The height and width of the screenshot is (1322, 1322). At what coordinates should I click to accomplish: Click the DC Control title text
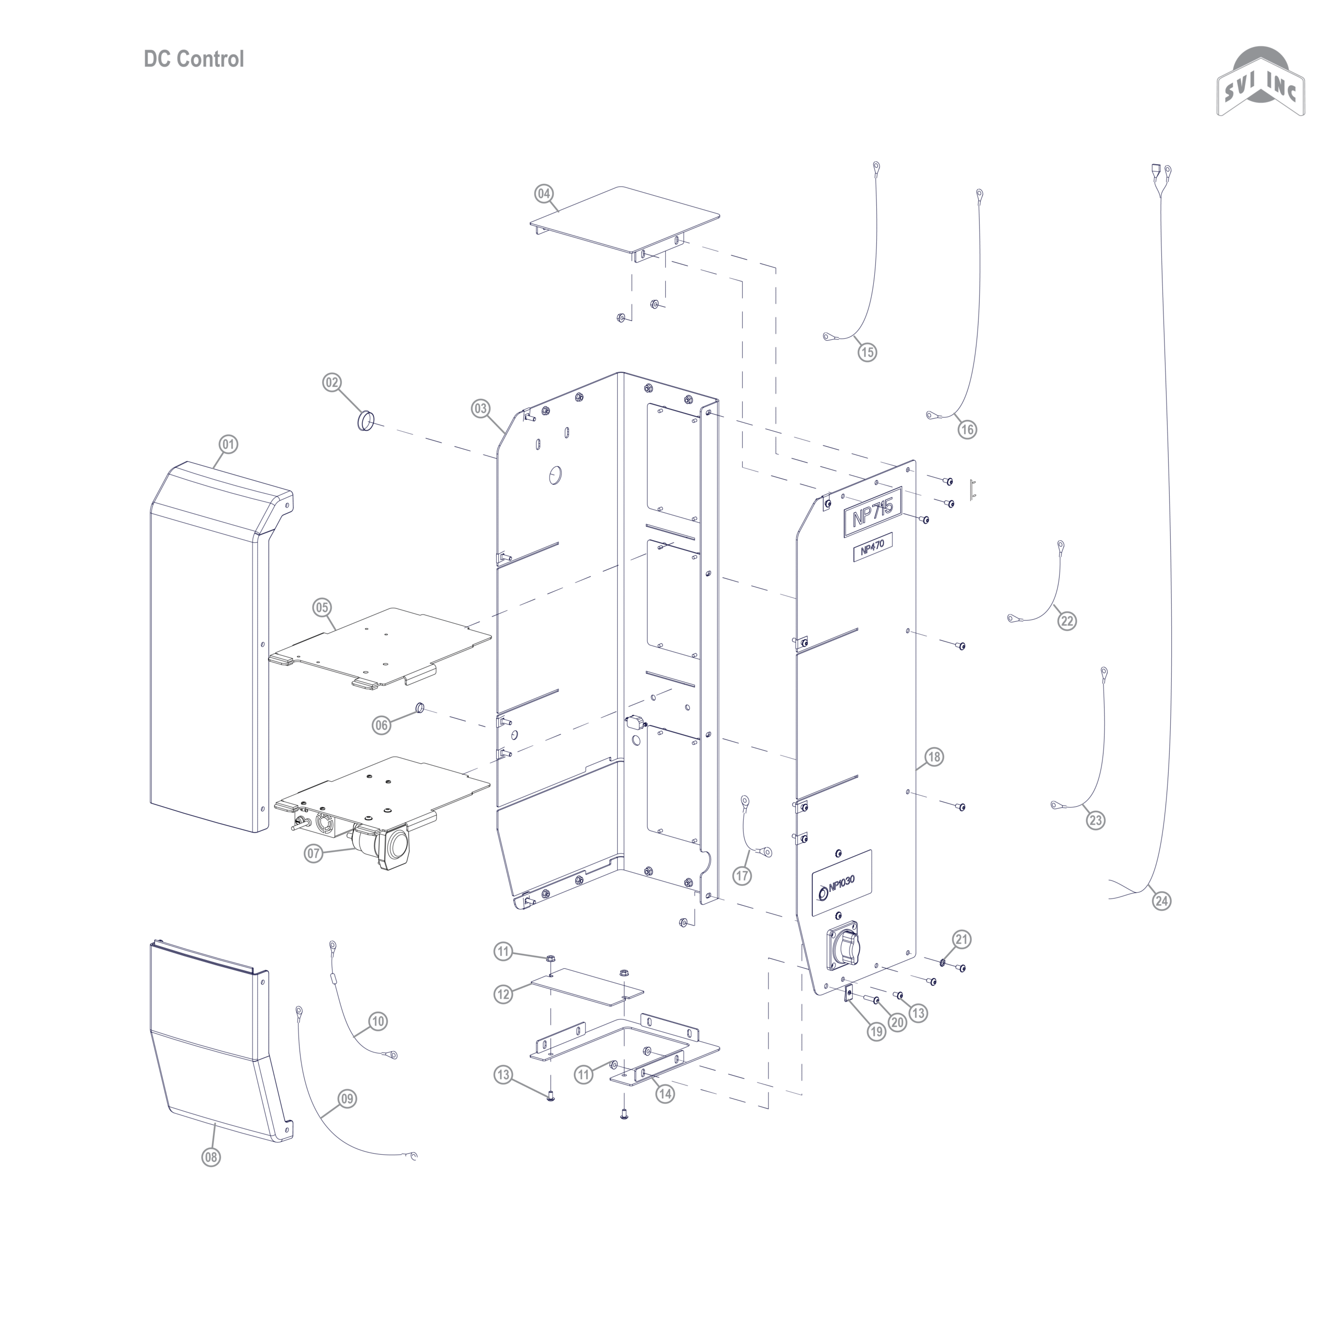tap(194, 59)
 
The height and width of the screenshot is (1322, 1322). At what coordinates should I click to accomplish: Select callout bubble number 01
tap(228, 445)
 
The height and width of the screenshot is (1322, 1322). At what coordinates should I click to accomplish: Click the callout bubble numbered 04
tap(543, 194)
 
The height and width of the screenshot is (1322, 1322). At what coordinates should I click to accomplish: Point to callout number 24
tap(1162, 901)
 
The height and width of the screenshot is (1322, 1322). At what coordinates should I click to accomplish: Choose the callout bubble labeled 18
tap(934, 757)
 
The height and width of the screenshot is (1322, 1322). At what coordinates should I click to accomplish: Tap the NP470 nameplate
tap(873, 548)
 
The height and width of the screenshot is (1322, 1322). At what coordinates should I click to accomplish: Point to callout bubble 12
tap(503, 994)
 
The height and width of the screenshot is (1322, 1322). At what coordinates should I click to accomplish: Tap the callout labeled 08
tap(211, 1157)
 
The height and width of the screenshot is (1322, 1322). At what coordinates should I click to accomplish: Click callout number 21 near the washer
tap(962, 939)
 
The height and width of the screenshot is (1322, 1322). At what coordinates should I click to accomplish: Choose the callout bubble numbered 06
tap(381, 726)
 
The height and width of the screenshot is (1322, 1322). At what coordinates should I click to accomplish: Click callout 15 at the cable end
tap(867, 352)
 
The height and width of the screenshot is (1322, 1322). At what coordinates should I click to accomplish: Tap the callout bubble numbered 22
tap(1067, 621)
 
